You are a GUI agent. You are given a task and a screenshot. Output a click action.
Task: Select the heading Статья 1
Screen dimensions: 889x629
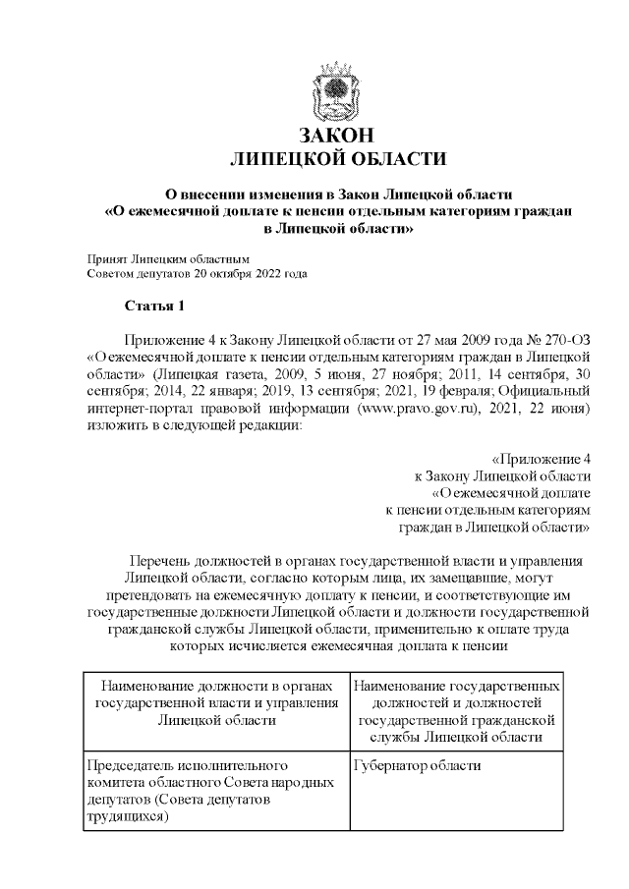154,306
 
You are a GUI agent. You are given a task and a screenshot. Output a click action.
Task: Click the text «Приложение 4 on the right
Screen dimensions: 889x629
540,459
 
